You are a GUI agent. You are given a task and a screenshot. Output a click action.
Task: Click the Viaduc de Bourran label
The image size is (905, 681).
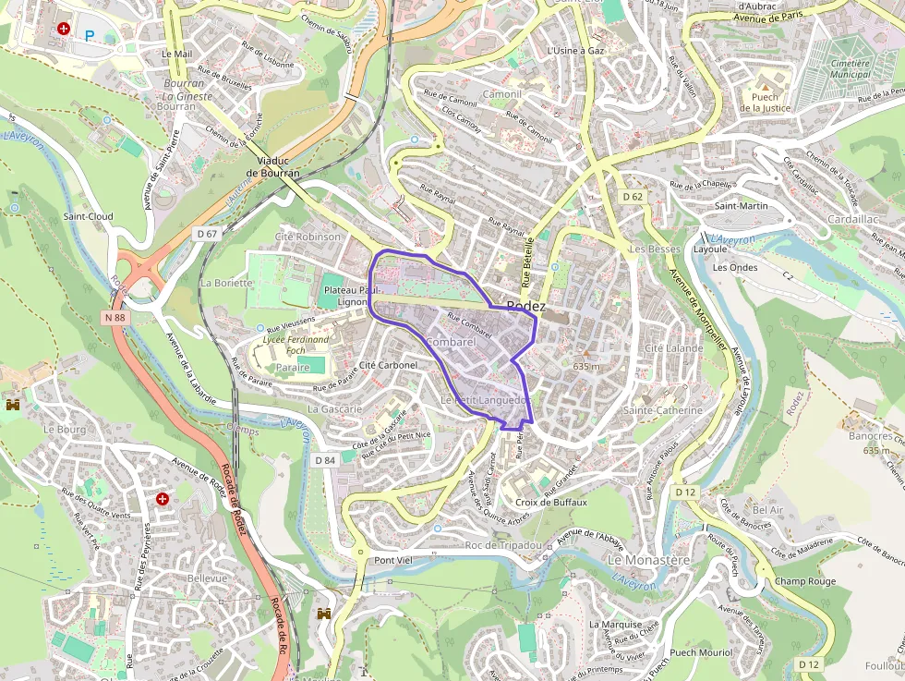[x=272, y=166]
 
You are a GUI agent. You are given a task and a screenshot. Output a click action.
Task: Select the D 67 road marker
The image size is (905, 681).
[x=207, y=234]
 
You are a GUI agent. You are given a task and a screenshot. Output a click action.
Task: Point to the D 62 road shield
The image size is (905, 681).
[x=633, y=197]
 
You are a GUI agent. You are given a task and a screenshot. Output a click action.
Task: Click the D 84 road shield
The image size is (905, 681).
[x=324, y=460]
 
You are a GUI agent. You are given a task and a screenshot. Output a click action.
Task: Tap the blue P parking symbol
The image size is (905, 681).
[x=90, y=36]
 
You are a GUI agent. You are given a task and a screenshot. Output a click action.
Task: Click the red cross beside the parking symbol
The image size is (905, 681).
[x=64, y=30]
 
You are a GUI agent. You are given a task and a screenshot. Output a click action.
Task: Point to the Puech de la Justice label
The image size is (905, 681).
[x=765, y=102]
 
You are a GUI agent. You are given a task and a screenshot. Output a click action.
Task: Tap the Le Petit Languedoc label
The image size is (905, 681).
[x=484, y=400]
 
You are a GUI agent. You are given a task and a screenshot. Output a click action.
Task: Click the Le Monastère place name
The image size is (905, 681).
[x=648, y=561]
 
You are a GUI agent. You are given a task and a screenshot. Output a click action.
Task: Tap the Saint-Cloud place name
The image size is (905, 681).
[x=88, y=216]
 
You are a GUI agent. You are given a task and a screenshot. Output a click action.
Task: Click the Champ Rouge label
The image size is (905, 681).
[x=805, y=581]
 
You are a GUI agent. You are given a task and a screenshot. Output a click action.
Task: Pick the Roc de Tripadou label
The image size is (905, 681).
[x=503, y=545]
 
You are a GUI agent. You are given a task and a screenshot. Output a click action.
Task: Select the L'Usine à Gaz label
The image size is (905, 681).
[x=575, y=51]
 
